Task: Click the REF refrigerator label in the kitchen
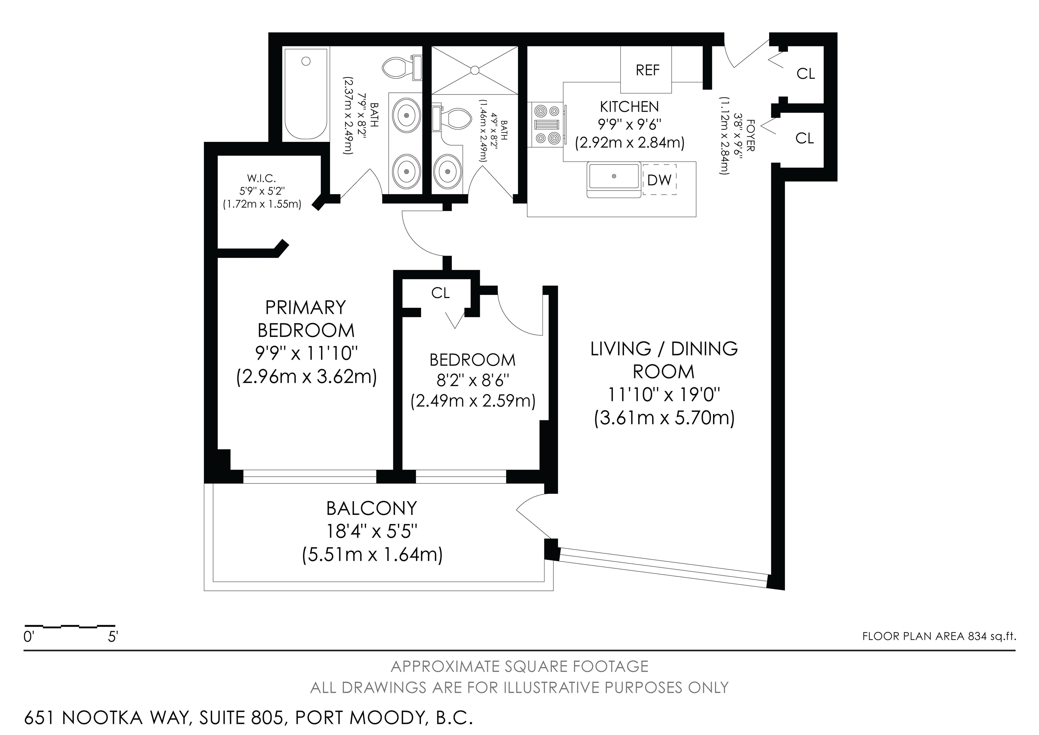648,70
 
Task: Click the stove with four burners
547,125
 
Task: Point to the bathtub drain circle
306,61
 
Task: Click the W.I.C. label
261,178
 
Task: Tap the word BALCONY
371,509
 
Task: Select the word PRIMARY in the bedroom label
305,307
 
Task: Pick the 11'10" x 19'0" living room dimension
664,394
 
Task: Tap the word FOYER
750,135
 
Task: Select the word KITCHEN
629,107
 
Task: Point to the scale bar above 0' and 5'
69,626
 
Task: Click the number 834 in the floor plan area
977,636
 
